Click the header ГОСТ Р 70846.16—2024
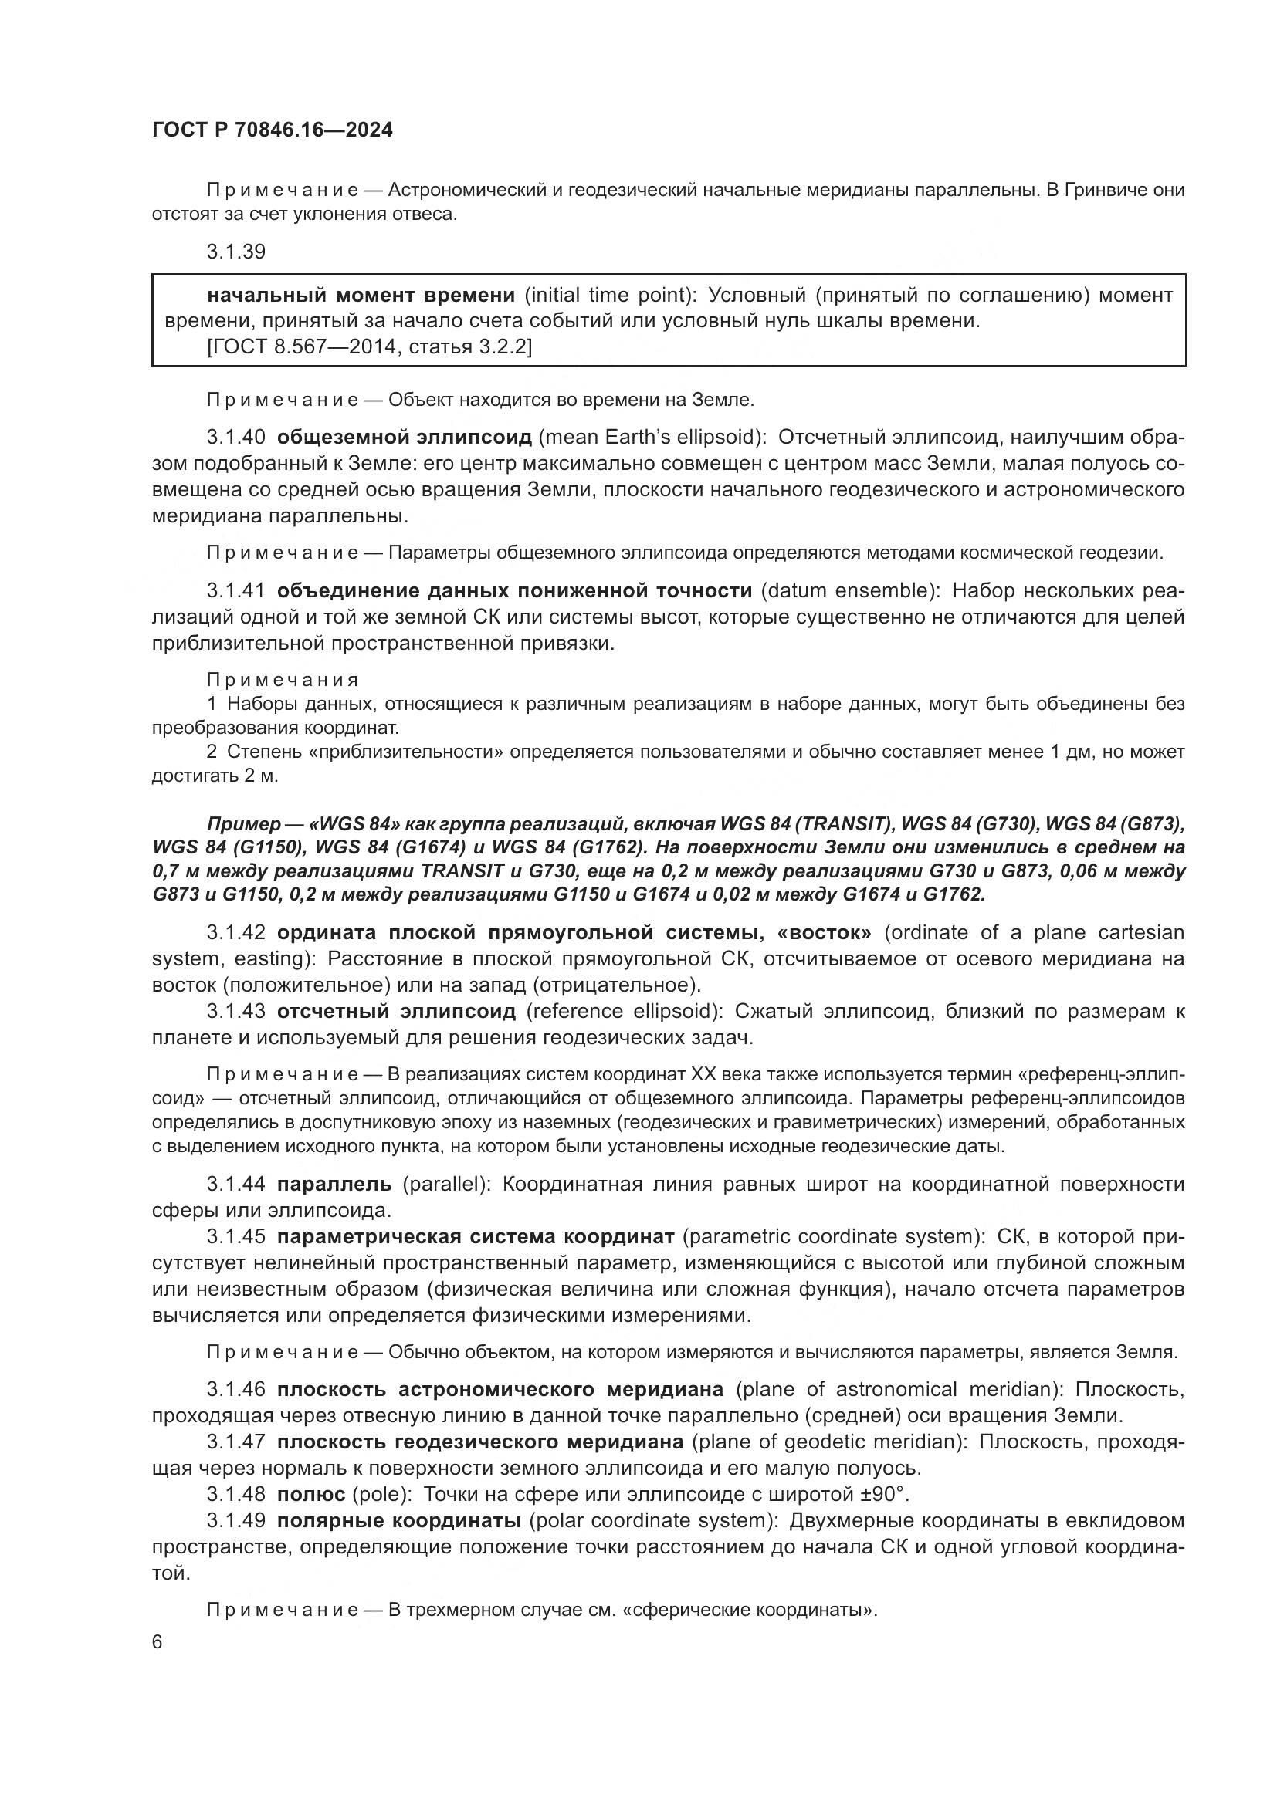(x=272, y=130)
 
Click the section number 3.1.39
(x=236, y=252)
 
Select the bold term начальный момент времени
(x=361, y=296)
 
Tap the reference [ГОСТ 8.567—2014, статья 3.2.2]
(x=370, y=346)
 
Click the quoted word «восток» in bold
(x=823, y=932)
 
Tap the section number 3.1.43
(x=236, y=1011)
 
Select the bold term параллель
(x=334, y=1185)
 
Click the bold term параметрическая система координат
(x=475, y=1236)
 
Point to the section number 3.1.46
(x=236, y=1389)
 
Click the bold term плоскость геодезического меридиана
(x=479, y=1442)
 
